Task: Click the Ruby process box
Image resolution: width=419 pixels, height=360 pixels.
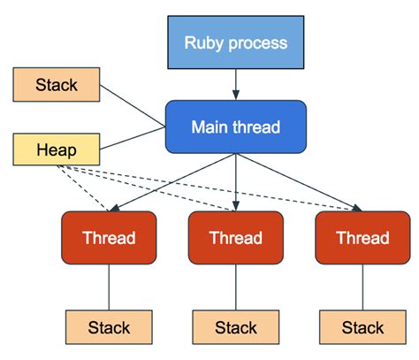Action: pos(235,42)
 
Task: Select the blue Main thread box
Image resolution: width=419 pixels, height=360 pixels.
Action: pos(235,127)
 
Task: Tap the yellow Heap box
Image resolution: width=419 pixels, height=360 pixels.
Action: pos(56,150)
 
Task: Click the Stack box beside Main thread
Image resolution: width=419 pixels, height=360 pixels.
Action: pos(56,86)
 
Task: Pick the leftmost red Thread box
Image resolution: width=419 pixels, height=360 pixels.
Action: pos(109,238)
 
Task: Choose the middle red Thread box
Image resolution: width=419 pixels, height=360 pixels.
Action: pos(235,238)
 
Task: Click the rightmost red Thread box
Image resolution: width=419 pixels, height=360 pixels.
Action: pos(362,238)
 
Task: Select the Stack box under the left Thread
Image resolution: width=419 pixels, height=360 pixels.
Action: pos(109,327)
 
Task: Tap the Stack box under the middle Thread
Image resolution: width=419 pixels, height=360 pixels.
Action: pos(235,327)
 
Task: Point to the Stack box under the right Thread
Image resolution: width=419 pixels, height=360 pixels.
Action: pos(362,327)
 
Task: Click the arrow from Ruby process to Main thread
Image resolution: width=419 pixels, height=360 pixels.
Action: pos(235,83)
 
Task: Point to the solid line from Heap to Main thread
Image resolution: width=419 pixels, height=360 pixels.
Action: pos(133,140)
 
